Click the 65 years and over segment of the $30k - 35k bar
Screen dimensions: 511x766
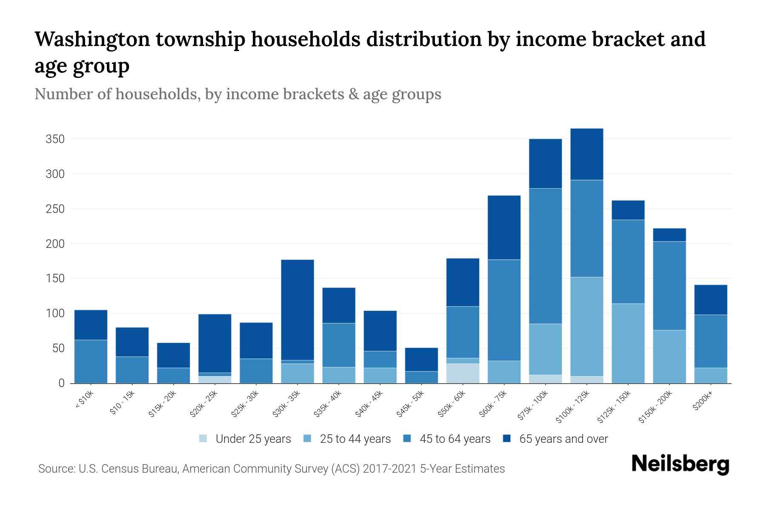297,310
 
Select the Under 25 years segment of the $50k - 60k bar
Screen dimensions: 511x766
463,373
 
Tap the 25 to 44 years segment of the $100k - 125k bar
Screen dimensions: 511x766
587,326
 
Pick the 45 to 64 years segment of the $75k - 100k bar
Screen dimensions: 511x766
545,256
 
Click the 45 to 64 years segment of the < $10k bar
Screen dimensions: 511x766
91,361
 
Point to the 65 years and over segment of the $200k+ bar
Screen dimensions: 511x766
711,300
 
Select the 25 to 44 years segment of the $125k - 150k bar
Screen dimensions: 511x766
628,343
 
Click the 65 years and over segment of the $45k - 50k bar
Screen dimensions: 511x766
421,359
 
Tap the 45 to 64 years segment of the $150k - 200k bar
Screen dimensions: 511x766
669,286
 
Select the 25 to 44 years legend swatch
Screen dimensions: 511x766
307,439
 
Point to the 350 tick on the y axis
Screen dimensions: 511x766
55,139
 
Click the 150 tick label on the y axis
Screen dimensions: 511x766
55,278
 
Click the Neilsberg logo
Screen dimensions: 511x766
680,464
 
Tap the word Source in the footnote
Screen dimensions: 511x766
55,469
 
